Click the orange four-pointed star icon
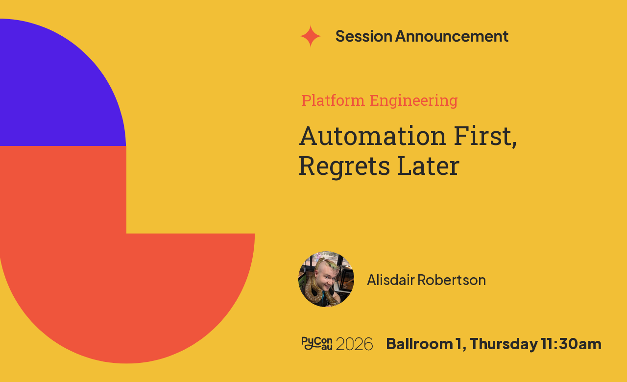[x=311, y=36]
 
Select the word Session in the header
[x=363, y=36]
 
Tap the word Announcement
[x=452, y=36]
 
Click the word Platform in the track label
[x=333, y=100]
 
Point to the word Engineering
[x=414, y=101]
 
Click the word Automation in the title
[x=373, y=136]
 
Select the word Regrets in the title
[x=344, y=167]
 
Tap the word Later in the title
[x=428, y=166]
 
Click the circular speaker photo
[x=326, y=279]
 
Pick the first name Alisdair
[x=391, y=280]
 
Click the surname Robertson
[x=452, y=280]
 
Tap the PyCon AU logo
[x=317, y=343]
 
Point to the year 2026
[x=354, y=344]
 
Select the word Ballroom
[x=419, y=344]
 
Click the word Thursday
[x=504, y=344]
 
